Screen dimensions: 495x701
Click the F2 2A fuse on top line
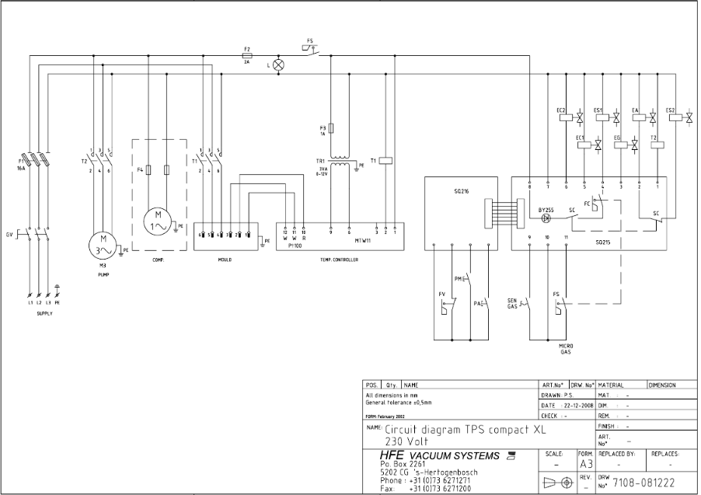point(247,56)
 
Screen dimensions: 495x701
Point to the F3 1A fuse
point(332,127)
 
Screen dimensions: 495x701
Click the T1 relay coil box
point(386,161)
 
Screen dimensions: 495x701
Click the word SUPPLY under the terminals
point(44,313)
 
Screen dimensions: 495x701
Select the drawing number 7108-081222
point(643,483)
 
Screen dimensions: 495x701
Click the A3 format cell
point(586,463)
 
